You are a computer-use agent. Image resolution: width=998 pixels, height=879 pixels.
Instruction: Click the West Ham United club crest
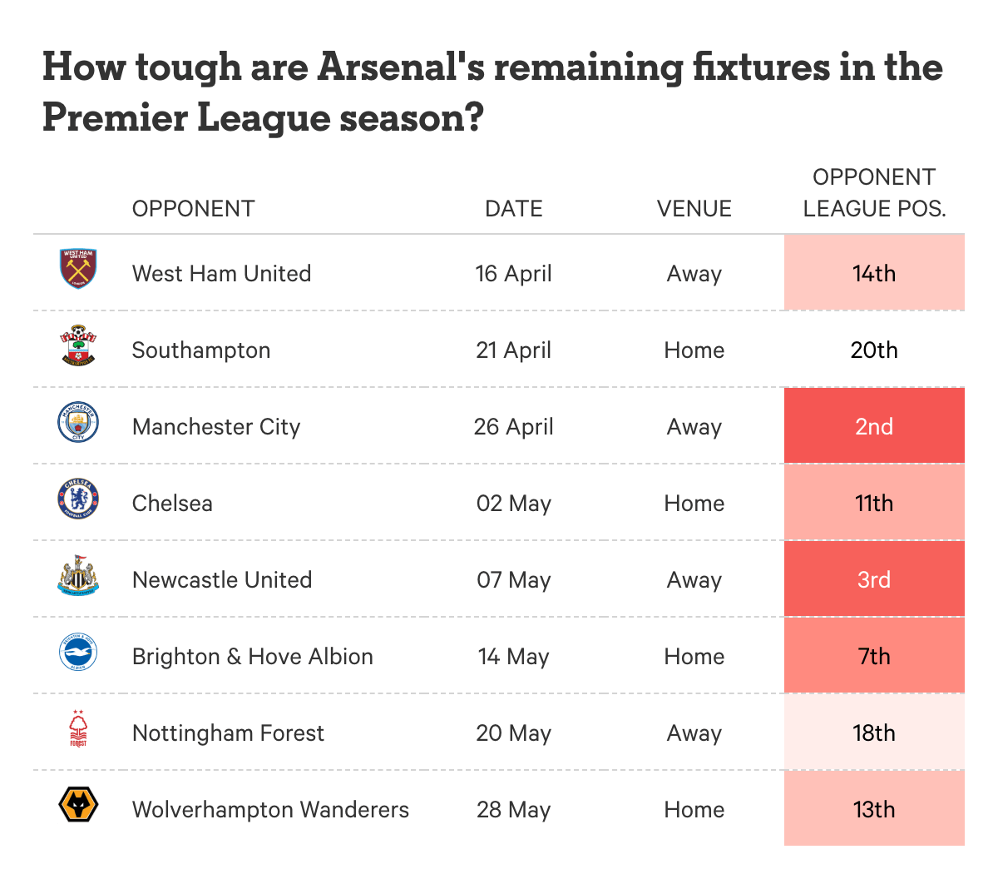[x=78, y=268]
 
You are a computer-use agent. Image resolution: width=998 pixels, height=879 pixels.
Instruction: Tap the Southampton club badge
[x=78, y=345]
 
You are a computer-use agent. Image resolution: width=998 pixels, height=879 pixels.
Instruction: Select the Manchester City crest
[x=78, y=421]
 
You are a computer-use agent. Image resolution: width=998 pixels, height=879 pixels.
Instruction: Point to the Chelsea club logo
[x=78, y=498]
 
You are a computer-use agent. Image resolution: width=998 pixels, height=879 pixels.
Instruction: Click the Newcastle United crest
[x=78, y=575]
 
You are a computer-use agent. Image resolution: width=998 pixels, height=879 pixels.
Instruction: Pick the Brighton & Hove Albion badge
[x=78, y=651]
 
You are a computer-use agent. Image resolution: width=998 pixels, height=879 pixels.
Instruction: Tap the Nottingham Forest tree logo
[x=78, y=728]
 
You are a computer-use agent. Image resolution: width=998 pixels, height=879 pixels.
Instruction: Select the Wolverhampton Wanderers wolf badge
[x=78, y=804]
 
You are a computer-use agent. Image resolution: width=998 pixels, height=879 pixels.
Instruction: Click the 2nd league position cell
[x=874, y=425]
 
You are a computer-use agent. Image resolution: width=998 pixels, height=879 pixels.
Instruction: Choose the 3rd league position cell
[x=874, y=579]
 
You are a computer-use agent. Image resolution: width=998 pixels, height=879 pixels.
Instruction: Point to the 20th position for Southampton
[x=874, y=350]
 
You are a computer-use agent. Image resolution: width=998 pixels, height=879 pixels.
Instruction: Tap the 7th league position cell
[x=874, y=655]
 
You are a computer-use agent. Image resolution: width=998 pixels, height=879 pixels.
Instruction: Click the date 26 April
[x=513, y=427]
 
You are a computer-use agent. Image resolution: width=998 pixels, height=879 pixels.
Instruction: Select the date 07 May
[x=513, y=580]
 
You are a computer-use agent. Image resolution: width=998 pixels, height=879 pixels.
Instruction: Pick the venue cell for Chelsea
[x=694, y=504]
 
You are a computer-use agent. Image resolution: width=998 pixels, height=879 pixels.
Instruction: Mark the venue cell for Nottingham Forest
[x=694, y=733]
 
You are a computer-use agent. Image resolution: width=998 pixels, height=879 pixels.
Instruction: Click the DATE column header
[x=513, y=209]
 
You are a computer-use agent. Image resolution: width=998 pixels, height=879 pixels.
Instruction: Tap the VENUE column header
[x=694, y=209]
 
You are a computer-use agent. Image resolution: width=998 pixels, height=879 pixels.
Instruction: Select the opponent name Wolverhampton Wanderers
[x=270, y=809]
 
